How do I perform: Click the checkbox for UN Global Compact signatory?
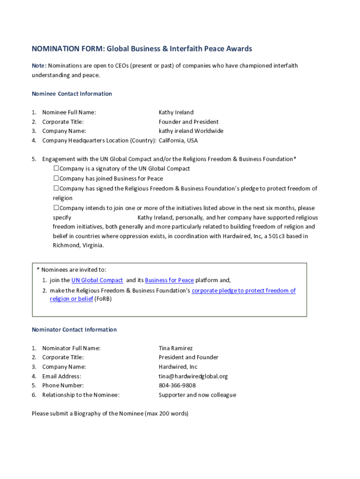pos(56,168)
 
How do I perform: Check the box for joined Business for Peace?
pos(56,178)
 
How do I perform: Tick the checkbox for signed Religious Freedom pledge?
pos(56,189)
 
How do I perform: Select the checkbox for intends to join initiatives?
pos(56,208)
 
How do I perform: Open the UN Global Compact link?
pos(97,280)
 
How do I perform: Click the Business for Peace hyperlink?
pos(169,280)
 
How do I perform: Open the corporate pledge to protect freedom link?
pos(244,290)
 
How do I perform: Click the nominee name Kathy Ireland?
pos(176,112)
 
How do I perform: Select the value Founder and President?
pos(188,122)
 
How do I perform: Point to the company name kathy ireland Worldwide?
pos(191,131)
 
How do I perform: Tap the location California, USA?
pos(178,140)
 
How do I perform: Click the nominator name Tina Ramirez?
pos(175,348)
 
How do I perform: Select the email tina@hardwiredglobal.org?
pos(193,376)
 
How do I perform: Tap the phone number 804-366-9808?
pos(177,385)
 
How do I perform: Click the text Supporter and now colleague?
pos(197,395)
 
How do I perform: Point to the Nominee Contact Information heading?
pos(72,94)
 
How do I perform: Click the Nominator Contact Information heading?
pos(74,330)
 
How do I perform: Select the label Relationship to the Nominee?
pos(80,395)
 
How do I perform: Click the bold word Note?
pos(38,65)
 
